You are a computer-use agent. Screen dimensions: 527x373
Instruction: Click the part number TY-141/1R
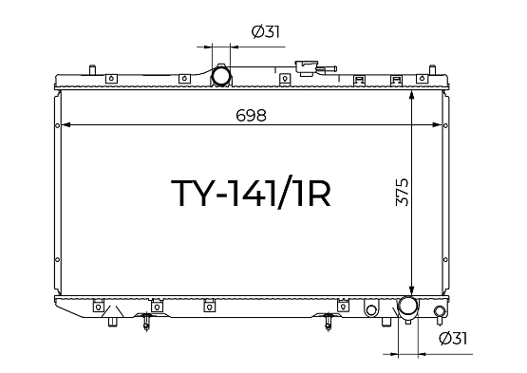tap(251, 193)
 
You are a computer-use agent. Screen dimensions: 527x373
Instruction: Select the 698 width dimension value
tap(251, 116)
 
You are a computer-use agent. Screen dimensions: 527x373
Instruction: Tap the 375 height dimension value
tap(403, 192)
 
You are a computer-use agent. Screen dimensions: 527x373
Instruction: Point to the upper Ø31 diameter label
tap(266, 32)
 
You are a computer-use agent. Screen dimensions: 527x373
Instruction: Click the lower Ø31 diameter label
tap(453, 339)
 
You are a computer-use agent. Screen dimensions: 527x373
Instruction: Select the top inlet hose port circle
tap(221, 75)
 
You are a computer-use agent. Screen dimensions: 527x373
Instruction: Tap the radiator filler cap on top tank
tap(306, 68)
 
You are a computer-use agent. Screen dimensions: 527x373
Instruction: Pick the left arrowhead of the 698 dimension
tap(66, 125)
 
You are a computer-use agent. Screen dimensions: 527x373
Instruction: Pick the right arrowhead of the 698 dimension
tap(436, 125)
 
